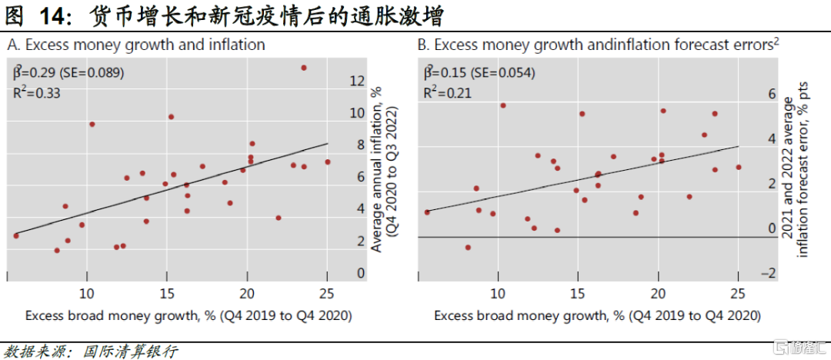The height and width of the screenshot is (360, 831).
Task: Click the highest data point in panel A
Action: click(x=303, y=68)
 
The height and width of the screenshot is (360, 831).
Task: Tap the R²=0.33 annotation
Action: click(x=38, y=93)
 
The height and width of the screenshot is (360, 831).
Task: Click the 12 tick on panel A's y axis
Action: click(x=357, y=81)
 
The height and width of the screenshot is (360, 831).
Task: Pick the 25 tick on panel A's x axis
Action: click(x=327, y=292)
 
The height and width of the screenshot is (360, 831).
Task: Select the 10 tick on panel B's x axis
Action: click(x=498, y=292)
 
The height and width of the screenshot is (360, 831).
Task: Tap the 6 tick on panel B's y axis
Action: click(x=772, y=94)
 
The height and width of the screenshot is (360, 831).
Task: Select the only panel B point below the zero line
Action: click(x=467, y=247)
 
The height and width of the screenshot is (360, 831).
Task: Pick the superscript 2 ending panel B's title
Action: click(x=776, y=41)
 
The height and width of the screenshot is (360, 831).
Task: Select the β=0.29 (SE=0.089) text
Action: click(x=69, y=73)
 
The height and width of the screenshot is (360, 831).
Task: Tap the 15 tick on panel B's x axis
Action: click(x=577, y=292)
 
